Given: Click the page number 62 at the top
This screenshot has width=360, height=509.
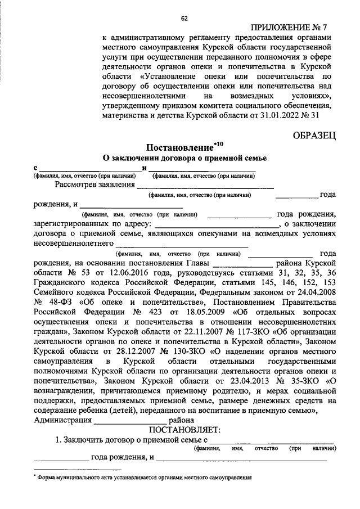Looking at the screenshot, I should [184, 19].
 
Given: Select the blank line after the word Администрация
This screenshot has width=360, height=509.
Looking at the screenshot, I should [130, 421].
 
